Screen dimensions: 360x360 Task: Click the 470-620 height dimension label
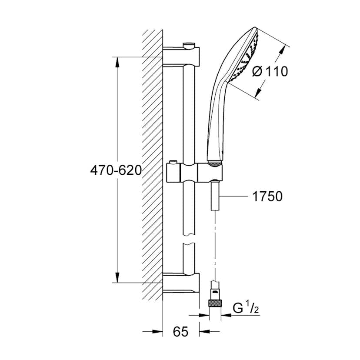coord(116,170)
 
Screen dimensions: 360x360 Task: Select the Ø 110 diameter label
coord(270,71)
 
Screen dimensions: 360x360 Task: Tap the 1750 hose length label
coord(267,197)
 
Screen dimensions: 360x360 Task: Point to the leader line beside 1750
coord(235,197)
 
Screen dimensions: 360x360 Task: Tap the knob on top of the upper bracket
coord(189,44)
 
